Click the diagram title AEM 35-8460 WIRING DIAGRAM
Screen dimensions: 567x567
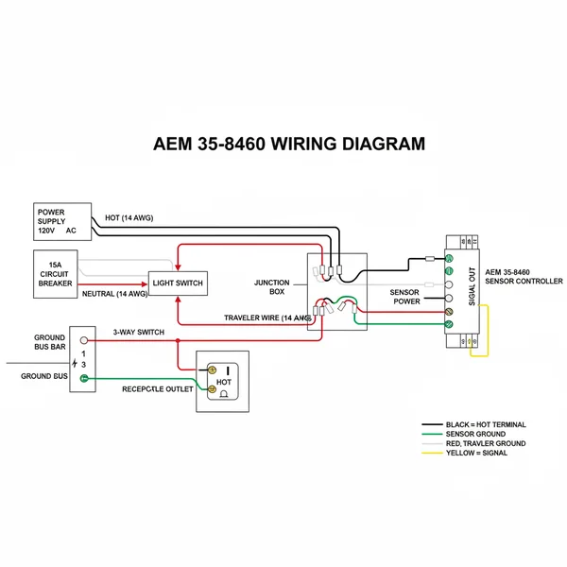[289, 144]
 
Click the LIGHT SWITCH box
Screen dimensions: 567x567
[177, 283]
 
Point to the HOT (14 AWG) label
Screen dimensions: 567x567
[129, 217]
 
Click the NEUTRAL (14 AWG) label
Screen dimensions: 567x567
[114, 293]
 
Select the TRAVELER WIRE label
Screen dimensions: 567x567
[267, 318]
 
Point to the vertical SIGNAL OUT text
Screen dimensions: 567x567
[472, 288]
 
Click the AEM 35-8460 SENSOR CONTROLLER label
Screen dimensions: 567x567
[523, 276]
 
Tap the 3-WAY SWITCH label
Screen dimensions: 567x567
[139, 333]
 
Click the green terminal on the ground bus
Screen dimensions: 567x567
[84, 379]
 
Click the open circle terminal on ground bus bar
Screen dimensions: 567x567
[84, 340]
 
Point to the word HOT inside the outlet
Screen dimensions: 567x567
[225, 383]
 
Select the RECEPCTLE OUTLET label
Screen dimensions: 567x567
[157, 389]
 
